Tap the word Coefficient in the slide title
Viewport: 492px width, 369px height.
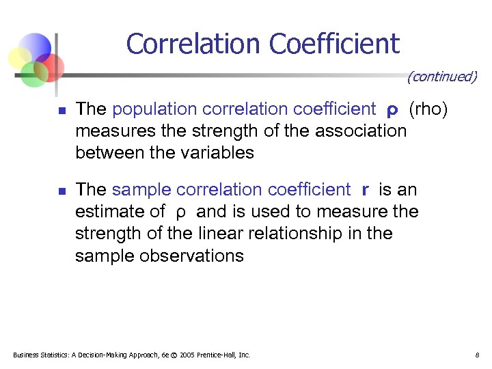click(334, 44)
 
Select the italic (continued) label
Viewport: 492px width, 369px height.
click(441, 77)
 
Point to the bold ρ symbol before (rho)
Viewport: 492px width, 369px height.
click(392, 110)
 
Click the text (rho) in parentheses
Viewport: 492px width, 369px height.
click(428, 109)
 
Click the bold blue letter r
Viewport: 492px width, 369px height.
click(366, 190)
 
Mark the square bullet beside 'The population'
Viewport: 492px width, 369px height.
click(61, 110)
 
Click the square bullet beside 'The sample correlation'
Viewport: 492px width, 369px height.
click(61, 191)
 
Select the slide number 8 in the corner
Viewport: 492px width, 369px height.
click(477, 355)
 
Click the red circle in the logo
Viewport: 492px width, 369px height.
click(51, 66)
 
